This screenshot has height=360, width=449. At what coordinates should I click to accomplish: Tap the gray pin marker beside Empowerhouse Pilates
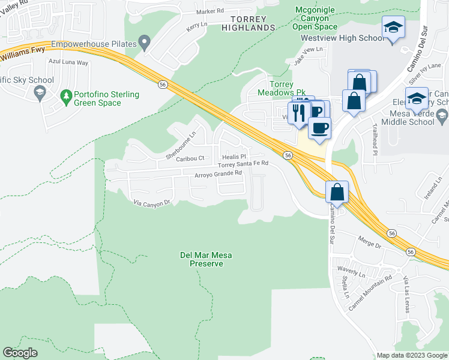[144, 43]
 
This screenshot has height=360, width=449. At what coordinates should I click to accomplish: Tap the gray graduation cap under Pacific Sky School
[40, 92]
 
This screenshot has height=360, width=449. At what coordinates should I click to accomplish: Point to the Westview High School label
[342, 38]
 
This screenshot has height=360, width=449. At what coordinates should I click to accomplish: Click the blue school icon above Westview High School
[393, 28]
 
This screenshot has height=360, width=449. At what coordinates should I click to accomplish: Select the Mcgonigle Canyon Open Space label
[315, 18]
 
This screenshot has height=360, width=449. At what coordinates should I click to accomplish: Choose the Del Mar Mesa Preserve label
[206, 259]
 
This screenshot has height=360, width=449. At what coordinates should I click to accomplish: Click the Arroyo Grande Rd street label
[218, 174]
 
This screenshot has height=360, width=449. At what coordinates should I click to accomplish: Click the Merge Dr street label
[369, 245]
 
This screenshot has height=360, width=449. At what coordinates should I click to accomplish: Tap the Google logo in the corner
[20, 353]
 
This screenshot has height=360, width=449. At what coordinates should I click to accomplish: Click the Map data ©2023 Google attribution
[411, 355]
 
